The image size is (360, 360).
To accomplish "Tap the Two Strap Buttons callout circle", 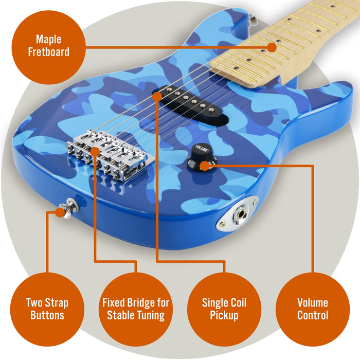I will pos(47,309).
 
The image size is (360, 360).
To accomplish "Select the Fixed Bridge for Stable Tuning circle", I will pos(135,309).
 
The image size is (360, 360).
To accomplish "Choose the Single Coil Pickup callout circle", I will pos(224,309).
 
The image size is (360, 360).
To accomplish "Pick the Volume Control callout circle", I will pos(312,309).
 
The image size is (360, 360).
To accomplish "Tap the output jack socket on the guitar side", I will pos(240,212).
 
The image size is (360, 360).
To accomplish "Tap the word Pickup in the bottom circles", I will pos(224,315).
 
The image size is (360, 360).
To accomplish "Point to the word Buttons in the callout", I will pos(47,315).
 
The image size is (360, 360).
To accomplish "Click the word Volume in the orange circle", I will pos(312,302).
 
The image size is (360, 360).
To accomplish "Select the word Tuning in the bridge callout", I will pos(150,315).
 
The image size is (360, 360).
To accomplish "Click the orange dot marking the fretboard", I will pos(272,48).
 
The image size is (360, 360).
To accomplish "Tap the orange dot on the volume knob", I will pos(205,166).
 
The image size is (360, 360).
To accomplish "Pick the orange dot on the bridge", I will pos(95,151).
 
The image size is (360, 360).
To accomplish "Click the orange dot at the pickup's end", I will pos(156,96).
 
